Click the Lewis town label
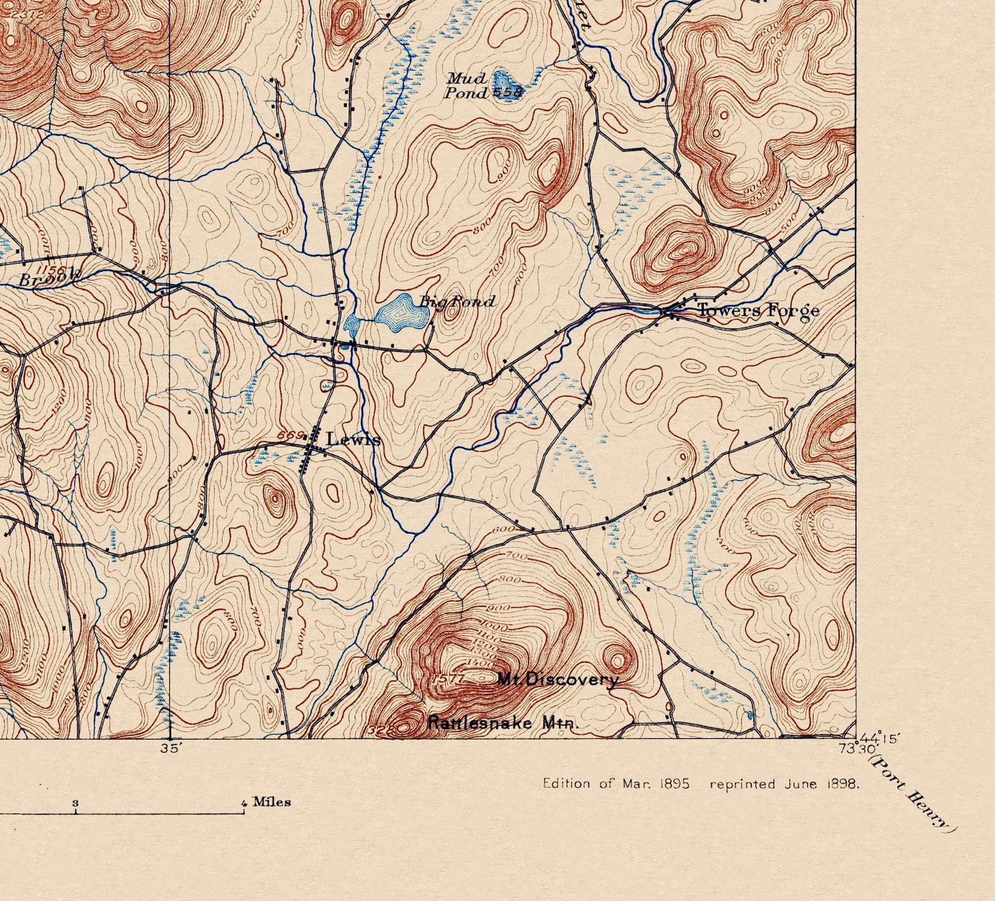(x=353, y=439)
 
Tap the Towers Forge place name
(x=758, y=310)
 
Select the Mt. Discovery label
(x=558, y=680)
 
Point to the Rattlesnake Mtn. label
(x=504, y=723)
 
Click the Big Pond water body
(x=402, y=314)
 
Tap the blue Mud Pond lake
(x=509, y=86)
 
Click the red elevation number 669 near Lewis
(x=290, y=435)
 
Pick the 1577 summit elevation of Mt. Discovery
(x=449, y=680)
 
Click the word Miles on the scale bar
(x=271, y=802)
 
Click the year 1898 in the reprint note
(x=843, y=784)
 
